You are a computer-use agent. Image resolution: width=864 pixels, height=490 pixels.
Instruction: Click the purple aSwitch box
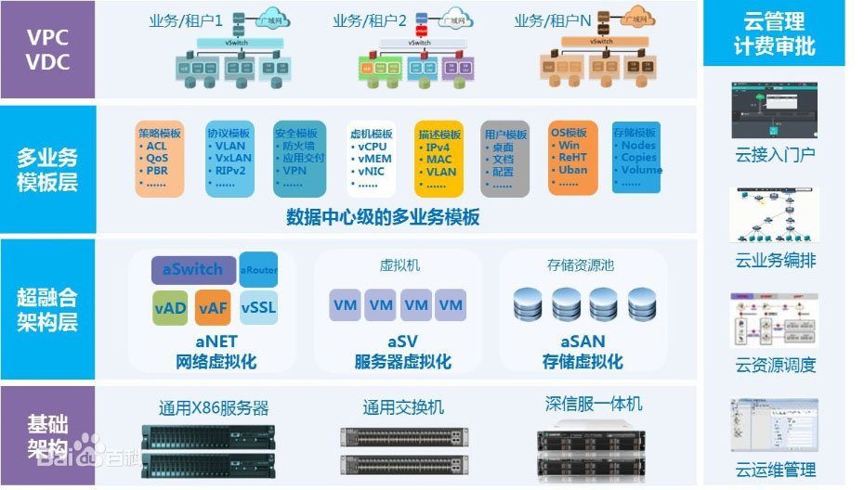pyautogui.click(x=193, y=270)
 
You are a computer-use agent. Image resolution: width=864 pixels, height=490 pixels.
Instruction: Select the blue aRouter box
pyautogui.click(x=258, y=269)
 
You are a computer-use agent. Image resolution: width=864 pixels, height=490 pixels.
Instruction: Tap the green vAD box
pyautogui.click(x=172, y=308)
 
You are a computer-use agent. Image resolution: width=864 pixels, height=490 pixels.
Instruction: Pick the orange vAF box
pyautogui.click(x=213, y=308)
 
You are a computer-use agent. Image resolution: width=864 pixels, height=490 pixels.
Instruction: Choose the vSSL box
pyautogui.click(x=258, y=308)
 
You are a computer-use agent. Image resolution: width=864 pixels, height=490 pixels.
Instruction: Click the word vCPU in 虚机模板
pyautogui.click(x=373, y=147)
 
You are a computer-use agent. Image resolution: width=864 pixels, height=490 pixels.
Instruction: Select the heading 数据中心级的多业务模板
pyautogui.click(x=383, y=217)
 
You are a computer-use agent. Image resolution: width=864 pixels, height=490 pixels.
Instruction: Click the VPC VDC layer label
pyautogui.click(x=47, y=50)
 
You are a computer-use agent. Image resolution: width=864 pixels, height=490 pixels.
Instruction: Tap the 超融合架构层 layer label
pyautogui.click(x=47, y=310)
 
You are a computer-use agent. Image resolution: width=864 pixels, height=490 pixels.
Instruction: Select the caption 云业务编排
pyautogui.click(x=776, y=261)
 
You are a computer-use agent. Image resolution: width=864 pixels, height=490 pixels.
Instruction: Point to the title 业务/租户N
pyautogui.click(x=552, y=20)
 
